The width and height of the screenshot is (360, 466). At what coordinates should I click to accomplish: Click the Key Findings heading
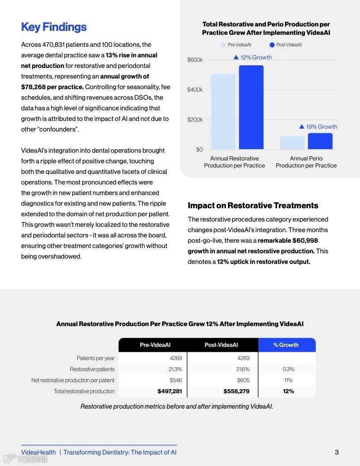[x=54, y=27]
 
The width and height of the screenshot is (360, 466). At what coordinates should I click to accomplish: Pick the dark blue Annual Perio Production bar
[x=320, y=141]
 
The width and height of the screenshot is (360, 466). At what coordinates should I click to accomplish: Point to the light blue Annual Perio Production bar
[x=292, y=143]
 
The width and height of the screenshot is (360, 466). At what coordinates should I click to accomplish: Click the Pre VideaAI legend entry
[x=237, y=45]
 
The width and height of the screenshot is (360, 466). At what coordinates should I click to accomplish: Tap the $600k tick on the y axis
[x=195, y=60]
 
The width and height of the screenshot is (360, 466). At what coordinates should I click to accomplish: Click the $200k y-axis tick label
[x=195, y=120]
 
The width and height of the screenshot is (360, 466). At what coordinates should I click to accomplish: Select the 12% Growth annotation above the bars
[x=253, y=57]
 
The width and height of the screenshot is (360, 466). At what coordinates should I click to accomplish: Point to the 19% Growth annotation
[x=318, y=127]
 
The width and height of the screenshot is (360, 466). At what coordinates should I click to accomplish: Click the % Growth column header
[x=286, y=345]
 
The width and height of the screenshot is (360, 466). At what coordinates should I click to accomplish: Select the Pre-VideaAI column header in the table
[x=155, y=345]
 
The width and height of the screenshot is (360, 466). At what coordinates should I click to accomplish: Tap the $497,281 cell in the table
[x=170, y=391]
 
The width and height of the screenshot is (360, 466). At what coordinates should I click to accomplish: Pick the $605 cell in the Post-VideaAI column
[x=243, y=380]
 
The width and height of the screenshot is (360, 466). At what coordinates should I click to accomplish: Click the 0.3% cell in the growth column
[x=289, y=369]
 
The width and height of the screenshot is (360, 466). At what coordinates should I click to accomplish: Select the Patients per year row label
[x=95, y=358]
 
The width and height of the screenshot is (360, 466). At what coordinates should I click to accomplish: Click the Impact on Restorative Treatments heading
[x=253, y=206]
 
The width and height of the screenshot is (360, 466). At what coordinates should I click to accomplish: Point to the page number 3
[x=337, y=452]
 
